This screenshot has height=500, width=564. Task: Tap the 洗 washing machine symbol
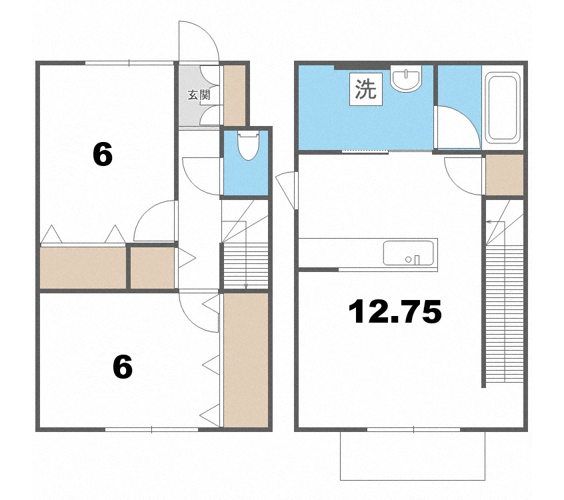[365, 89]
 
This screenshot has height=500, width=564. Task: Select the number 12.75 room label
[395, 311]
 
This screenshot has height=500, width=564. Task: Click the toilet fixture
[247, 145]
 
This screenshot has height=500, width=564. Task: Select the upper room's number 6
[103, 155]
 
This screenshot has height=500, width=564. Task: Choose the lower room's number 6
[123, 367]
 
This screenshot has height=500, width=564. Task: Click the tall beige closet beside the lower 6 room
[245, 359]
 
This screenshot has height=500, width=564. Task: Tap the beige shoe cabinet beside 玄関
[234, 93]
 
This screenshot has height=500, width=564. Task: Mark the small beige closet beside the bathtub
[504, 175]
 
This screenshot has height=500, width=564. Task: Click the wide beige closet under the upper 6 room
[83, 267]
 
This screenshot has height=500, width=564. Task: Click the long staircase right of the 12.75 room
[505, 313]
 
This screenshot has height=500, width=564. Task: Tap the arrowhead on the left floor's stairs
[246, 286]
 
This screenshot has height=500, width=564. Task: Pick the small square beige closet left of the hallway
[152, 267]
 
